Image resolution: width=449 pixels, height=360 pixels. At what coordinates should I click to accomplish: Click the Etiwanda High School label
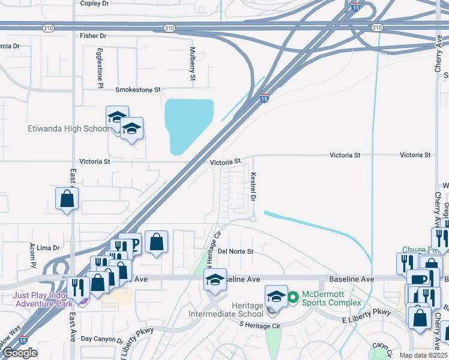[68, 128]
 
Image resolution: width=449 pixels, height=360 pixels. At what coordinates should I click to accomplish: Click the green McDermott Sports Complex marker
[294, 296]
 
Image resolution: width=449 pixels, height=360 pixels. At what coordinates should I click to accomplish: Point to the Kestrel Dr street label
[253, 188]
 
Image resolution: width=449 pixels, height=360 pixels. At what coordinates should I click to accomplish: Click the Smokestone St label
[138, 89]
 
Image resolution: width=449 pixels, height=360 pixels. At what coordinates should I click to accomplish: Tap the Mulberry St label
[193, 64]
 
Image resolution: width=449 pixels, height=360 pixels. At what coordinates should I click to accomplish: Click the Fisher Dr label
[92, 36]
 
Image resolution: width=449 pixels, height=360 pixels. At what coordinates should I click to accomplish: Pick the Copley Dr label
[94, 4]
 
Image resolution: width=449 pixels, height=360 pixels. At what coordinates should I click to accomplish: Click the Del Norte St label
[235, 251]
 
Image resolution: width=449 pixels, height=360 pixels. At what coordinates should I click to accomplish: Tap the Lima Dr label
[48, 247]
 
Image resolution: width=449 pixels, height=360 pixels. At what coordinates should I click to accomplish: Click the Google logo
[20, 353]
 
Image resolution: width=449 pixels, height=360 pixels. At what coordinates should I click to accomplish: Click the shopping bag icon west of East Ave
[67, 199]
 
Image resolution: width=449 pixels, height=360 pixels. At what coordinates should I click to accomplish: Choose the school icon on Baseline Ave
[215, 279]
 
